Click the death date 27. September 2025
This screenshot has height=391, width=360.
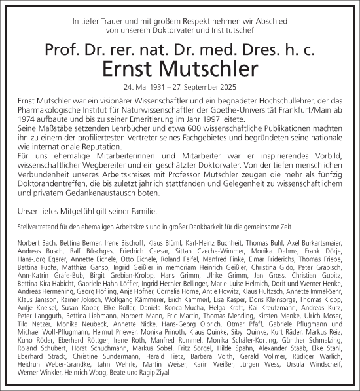coord(209,87)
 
